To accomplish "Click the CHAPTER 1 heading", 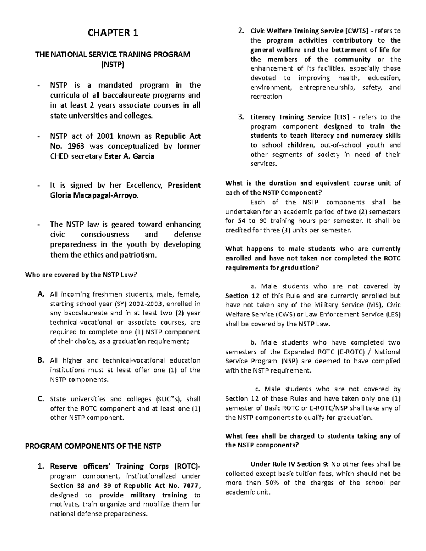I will [x=113, y=33].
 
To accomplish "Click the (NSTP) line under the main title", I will [x=113, y=65].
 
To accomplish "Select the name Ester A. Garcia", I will [x=129, y=156].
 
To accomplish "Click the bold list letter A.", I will [x=41, y=294].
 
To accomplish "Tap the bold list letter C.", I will [x=41, y=399].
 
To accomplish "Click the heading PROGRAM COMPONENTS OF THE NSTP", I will [x=93, y=446].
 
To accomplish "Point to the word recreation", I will [x=266, y=97].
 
